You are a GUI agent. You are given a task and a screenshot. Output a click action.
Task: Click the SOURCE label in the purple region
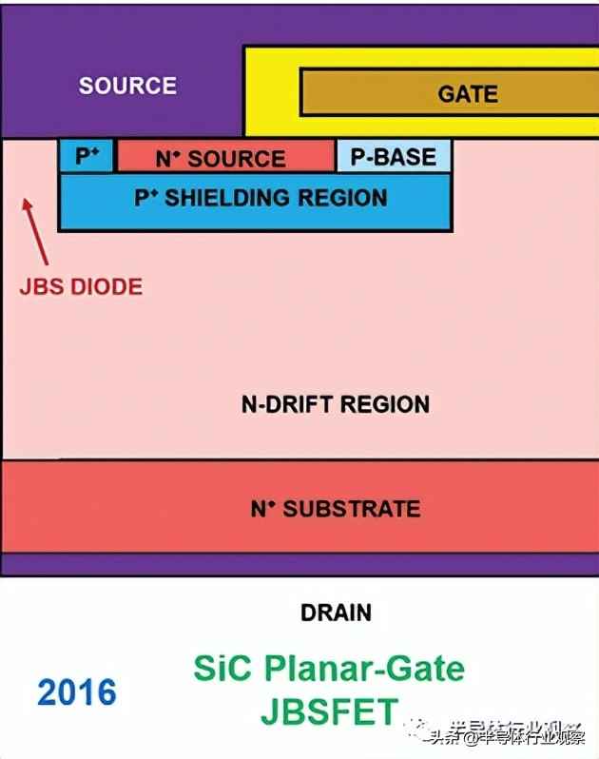tap(127, 86)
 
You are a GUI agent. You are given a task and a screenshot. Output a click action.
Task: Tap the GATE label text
tap(468, 93)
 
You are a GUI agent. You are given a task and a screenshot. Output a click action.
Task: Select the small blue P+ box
tap(87, 156)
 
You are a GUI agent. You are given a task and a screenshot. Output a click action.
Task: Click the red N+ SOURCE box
tap(225, 158)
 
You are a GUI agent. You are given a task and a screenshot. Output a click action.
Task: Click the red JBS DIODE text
tap(81, 285)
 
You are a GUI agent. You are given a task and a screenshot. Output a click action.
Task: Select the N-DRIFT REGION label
tap(335, 404)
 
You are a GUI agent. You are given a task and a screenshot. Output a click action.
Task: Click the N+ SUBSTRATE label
tap(335, 509)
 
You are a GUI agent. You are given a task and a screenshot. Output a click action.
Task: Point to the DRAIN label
tap(336, 613)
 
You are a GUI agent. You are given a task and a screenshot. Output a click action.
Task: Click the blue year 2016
tap(78, 691)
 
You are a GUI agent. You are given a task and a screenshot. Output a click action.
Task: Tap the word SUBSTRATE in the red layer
tap(352, 509)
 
